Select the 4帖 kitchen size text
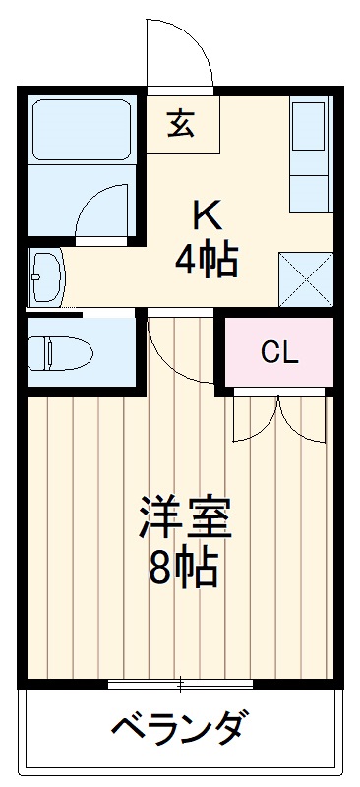click(206, 259)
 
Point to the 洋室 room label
click(184, 519)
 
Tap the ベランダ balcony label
click(178, 731)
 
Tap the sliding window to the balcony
click(181, 682)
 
